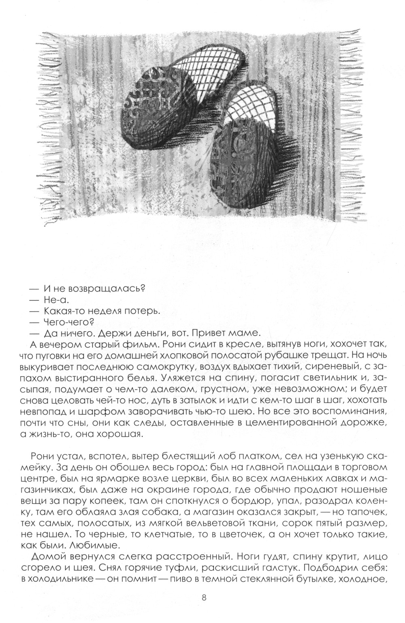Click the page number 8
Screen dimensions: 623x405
pyautogui.click(x=204, y=597)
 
